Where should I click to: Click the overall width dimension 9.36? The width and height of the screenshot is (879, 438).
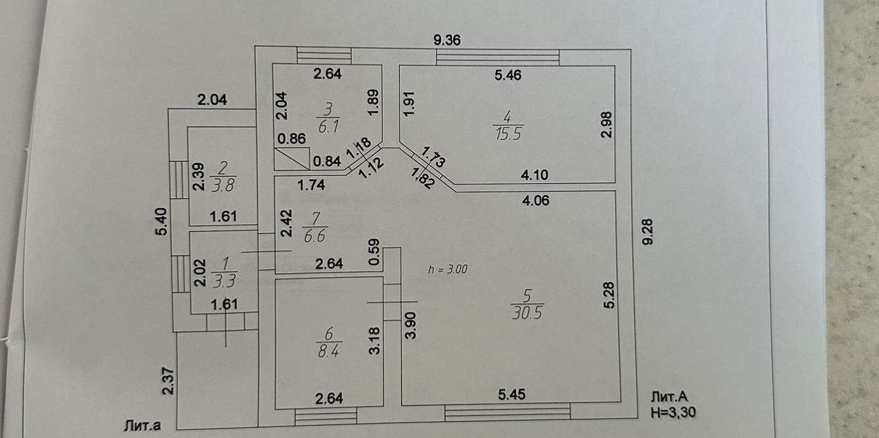pyautogui.click(x=447, y=40)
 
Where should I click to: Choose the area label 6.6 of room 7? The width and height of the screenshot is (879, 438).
pyautogui.click(x=314, y=235)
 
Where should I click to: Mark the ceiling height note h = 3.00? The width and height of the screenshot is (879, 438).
pyautogui.click(x=448, y=269)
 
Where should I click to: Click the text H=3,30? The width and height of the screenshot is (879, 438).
pyautogui.click(x=674, y=411)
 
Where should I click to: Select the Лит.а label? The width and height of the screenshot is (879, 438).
pyautogui.click(x=142, y=426)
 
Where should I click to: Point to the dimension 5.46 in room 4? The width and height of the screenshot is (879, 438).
pyautogui.click(x=508, y=76)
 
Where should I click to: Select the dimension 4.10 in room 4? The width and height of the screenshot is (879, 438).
pyautogui.click(x=535, y=175)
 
